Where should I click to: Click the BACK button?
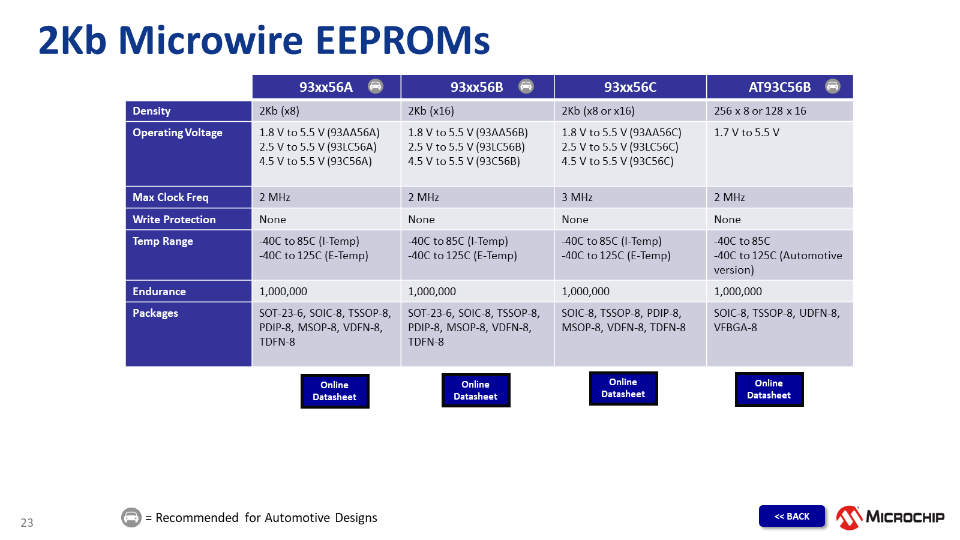tap(791, 516)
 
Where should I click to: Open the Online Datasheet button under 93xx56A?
tap(335, 391)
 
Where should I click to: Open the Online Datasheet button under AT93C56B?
tap(769, 389)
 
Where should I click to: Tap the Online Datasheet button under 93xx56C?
tap(623, 388)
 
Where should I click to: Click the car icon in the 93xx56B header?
tap(526, 86)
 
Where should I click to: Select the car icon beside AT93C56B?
tap(832, 86)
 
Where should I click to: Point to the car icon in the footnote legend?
tap(131, 517)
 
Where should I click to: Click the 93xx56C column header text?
tap(630, 87)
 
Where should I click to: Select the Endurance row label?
tap(159, 292)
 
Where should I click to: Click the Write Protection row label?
tap(174, 220)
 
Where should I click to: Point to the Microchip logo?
tap(890, 517)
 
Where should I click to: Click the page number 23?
tap(26, 523)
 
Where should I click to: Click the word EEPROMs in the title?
tap(403, 40)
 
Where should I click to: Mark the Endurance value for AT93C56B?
tap(737, 292)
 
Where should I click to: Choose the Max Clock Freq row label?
tap(170, 197)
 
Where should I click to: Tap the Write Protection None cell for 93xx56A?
tap(272, 220)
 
